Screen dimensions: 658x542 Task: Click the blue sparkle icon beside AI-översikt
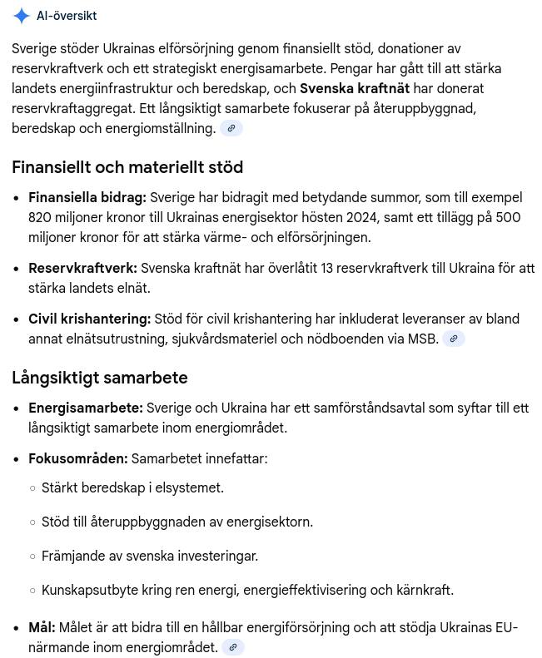22,16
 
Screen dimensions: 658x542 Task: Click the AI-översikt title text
67,16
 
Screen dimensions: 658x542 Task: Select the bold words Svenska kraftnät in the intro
355,88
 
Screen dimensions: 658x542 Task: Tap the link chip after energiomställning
231,128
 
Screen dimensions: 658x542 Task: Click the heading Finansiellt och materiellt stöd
127,167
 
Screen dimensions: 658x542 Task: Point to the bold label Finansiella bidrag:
87,197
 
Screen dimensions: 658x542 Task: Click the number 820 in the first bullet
40,217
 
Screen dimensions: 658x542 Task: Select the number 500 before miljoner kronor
508,217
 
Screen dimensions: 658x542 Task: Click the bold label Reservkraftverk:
82,268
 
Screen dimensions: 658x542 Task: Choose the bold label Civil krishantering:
90,319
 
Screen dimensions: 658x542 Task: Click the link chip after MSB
454,339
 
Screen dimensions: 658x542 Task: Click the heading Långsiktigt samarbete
100,378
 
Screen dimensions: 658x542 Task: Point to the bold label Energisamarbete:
86,408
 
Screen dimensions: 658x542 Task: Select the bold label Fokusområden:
78,458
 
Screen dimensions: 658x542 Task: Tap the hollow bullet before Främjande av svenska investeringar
33,557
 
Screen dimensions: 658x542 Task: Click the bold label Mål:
42,627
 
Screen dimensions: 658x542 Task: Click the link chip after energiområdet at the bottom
233,647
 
